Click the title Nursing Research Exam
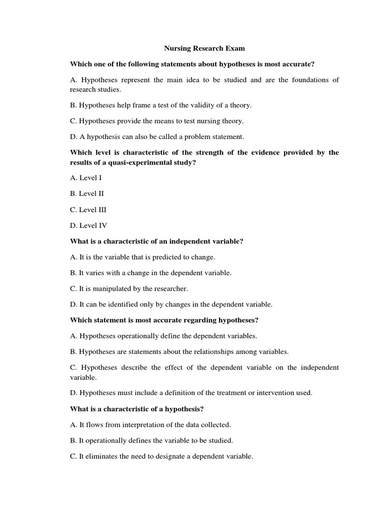click(204, 49)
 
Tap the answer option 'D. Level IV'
click(89, 225)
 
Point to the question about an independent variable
click(156, 241)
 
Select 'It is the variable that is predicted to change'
click(142, 257)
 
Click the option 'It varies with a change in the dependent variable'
click(151, 273)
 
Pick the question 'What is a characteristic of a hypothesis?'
click(143, 409)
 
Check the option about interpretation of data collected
click(150, 425)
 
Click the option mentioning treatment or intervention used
click(191, 393)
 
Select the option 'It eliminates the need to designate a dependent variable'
click(161, 457)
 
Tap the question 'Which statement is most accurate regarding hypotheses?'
click(164, 320)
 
